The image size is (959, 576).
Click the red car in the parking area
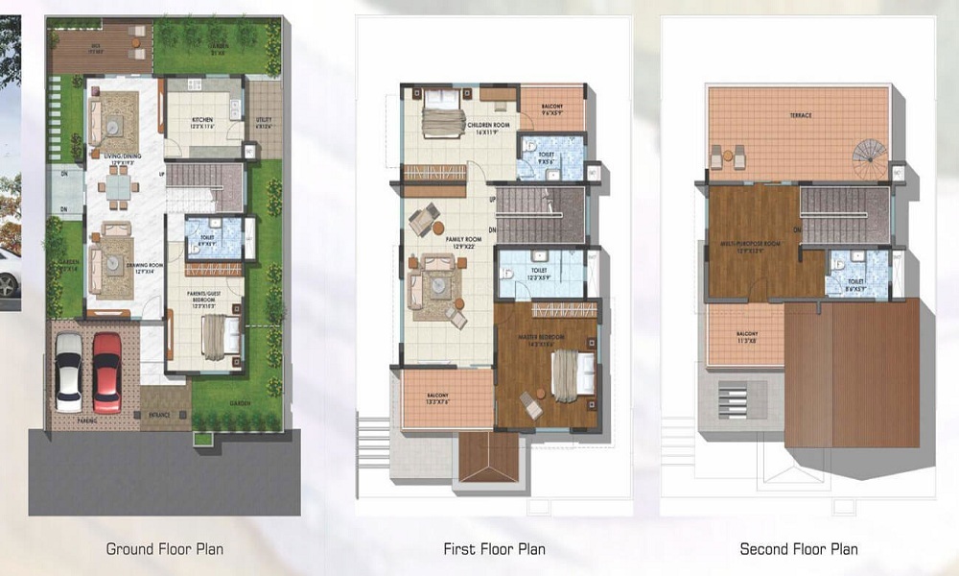pyautogui.click(x=106, y=372)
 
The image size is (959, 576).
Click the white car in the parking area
pyautogui.click(x=69, y=372)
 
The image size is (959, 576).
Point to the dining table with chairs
pyautogui.click(x=119, y=189)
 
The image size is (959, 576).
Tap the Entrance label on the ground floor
pyautogui.click(x=159, y=414)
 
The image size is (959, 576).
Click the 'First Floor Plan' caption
pyautogui.click(x=494, y=549)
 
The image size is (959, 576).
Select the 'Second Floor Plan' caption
pyautogui.click(x=799, y=549)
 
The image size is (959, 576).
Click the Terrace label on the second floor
pyautogui.click(x=801, y=115)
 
